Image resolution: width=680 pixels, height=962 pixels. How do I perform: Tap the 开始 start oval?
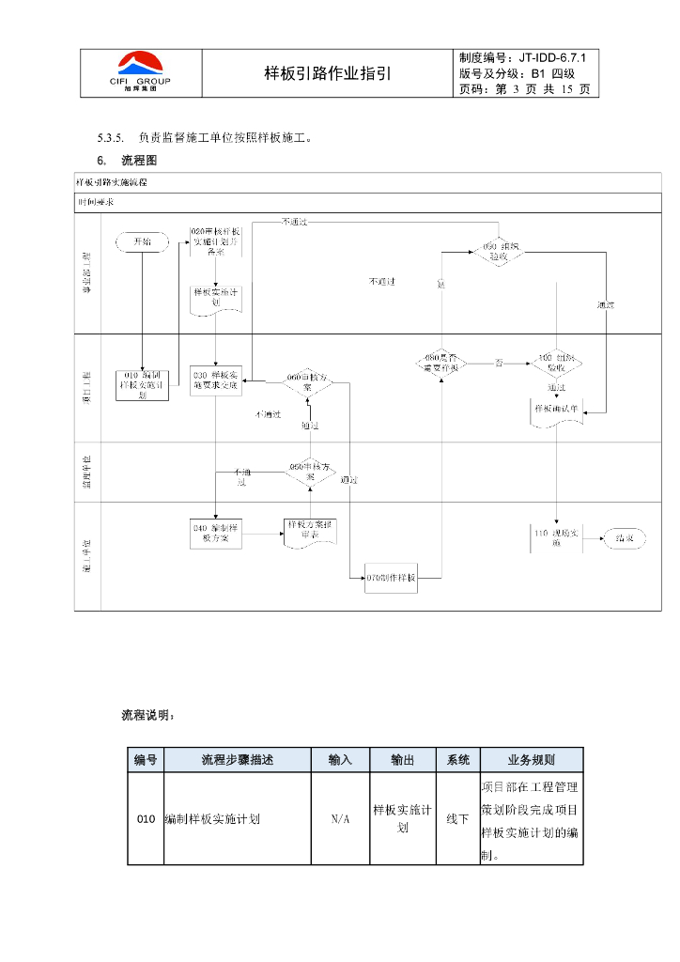click(142, 241)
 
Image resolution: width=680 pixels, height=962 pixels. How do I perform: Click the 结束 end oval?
click(624, 538)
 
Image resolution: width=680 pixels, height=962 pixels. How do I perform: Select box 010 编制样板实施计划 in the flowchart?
click(142, 384)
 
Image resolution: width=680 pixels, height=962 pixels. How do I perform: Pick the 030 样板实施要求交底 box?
click(216, 380)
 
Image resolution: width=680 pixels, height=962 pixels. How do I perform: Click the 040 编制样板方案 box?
click(217, 533)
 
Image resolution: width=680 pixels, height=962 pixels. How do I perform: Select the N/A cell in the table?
click(340, 819)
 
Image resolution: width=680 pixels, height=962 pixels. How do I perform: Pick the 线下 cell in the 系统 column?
click(457, 819)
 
